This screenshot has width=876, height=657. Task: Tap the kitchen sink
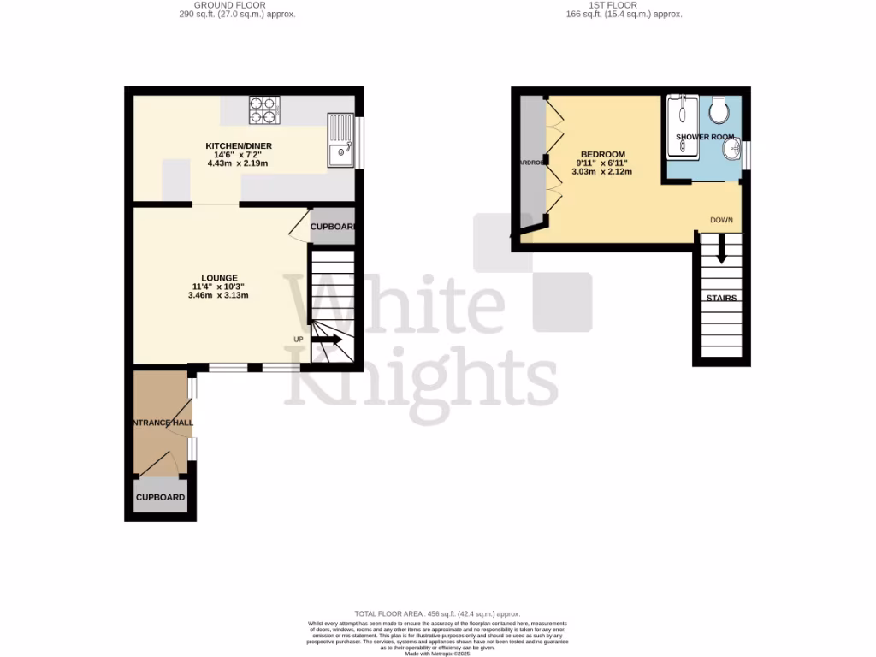point(341,141)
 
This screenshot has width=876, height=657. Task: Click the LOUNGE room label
point(219,278)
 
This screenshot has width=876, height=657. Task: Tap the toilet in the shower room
point(719,109)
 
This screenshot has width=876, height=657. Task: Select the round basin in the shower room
point(731,151)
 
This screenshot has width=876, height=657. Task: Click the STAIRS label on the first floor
point(721,299)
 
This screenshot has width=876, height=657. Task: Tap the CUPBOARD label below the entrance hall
point(160,497)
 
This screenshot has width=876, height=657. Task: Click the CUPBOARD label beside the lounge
point(332,227)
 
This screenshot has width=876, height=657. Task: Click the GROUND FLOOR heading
point(237,5)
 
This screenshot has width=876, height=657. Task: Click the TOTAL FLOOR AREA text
point(438,614)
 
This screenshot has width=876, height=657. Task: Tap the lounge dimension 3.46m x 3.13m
point(218,295)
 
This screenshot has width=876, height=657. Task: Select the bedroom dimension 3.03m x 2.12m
point(602,171)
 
